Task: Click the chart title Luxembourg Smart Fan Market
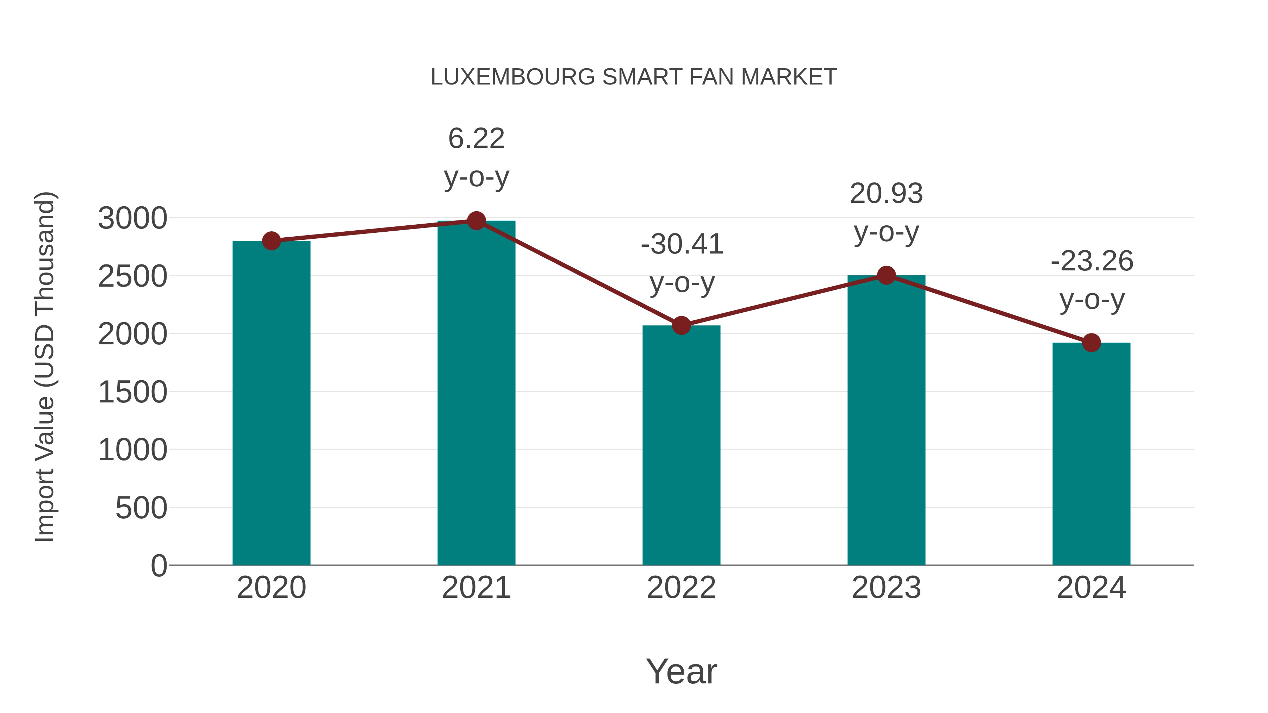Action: pos(634,77)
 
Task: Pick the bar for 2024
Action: pos(1091,454)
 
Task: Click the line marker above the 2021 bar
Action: pos(476,221)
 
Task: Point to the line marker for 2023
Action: pos(886,276)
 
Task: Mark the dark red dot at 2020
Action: pos(271,241)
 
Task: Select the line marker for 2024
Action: pos(1091,343)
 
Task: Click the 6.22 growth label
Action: pos(476,138)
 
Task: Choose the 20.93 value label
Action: pos(886,193)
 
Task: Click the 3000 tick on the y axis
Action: pos(132,218)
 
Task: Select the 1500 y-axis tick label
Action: pos(132,392)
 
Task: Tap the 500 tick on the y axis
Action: pos(141,508)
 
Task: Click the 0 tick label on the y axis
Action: pos(158,565)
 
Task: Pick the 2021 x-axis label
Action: pos(476,588)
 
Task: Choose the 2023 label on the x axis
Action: pos(886,588)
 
